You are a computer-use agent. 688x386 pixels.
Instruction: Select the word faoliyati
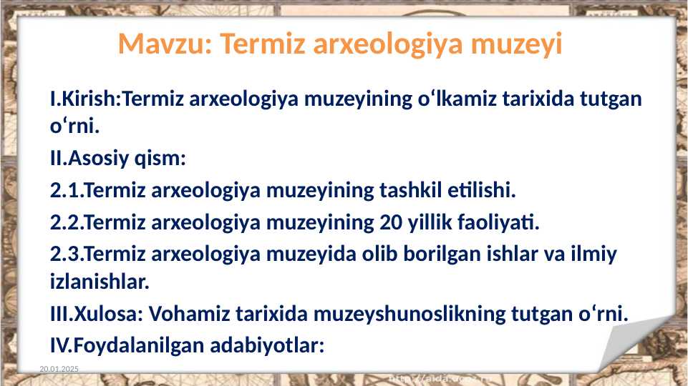click(500, 223)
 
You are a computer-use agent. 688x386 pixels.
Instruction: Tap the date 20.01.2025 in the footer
click(59, 367)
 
